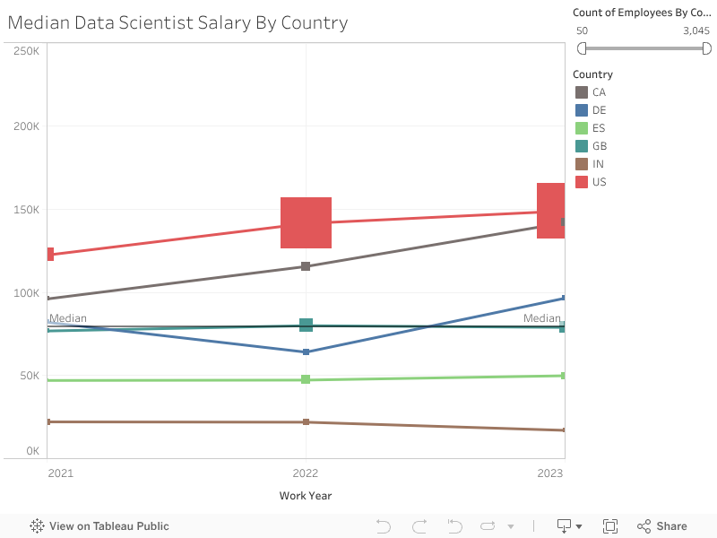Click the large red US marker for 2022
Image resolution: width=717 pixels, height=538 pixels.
coord(306,222)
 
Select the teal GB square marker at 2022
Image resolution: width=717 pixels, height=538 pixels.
coord(306,325)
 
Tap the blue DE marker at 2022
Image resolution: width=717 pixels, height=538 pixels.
coord(306,352)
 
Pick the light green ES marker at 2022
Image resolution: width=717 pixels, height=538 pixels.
coord(306,379)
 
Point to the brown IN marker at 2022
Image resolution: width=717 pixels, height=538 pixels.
coord(306,422)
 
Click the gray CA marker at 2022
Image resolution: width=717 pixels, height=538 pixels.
coord(306,266)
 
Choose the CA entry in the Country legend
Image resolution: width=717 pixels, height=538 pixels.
coord(599,92)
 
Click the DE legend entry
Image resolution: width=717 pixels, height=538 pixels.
coord(599,110)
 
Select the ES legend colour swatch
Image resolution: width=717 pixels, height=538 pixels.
coord(582,128)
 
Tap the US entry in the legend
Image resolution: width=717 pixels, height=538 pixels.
coord(599,182)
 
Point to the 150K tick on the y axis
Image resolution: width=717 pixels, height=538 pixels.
coord(26,210)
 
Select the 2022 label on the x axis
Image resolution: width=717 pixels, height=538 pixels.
coord(306,473)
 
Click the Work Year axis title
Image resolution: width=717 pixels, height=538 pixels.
coord(306,496)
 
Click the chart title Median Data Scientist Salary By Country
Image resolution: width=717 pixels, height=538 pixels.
coord(177,22)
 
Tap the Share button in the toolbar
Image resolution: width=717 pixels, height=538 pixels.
coord(662,526)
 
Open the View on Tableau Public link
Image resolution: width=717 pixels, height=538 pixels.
coord(99,526)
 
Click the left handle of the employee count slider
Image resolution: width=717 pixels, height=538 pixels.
coord(582,48)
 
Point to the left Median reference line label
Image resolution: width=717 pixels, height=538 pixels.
coord(68,318)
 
